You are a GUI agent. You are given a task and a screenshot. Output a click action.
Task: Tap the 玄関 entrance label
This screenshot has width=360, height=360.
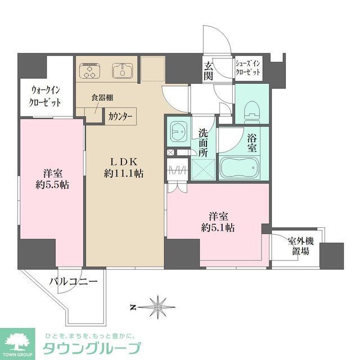[x=208, y=71]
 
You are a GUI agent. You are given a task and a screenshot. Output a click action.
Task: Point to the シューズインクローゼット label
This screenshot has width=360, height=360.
[x=248, y=69]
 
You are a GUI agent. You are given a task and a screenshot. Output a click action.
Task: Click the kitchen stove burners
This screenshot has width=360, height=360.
[x=89, y=72]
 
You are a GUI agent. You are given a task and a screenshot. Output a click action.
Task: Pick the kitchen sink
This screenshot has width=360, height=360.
[x=121, y=71]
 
